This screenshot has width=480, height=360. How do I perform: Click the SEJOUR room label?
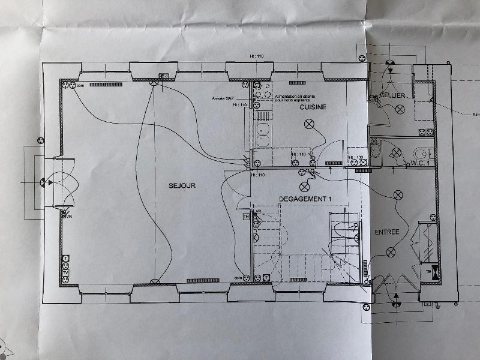tap(182, 186)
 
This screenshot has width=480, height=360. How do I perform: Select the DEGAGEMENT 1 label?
tap(306, 199)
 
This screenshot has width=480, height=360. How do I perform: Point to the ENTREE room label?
tap(387, 232)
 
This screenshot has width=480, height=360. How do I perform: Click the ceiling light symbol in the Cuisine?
tap(310, 124)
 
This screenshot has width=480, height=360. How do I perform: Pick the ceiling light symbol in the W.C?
tap(397, 154)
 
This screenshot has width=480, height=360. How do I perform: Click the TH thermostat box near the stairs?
tap(245, 216)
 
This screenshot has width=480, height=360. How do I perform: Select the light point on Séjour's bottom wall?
tap(155, 281)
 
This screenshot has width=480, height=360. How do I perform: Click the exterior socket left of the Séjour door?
tap(41, 140)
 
